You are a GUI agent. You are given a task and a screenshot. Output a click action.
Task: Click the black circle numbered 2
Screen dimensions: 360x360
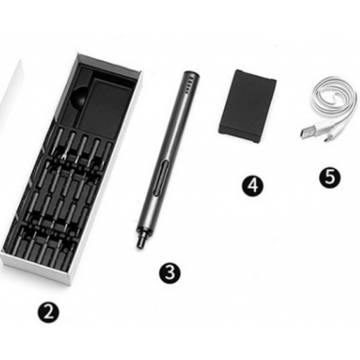click(49, 312)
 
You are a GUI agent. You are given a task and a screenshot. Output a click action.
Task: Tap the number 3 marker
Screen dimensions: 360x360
click(170, 273)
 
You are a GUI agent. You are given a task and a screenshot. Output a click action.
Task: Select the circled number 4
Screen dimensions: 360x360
click(252, 185)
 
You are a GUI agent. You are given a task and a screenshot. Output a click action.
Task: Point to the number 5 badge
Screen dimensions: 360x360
click(330, 177)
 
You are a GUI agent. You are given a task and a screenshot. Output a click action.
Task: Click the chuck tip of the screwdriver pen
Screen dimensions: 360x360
click(139, 242)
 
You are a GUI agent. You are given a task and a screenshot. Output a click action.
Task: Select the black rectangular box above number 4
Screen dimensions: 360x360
click(248, 106)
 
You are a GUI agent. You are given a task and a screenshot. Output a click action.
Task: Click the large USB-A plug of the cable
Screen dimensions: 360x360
click(308, 131)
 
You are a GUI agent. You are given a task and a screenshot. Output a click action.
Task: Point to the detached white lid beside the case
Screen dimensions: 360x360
click(11, 88)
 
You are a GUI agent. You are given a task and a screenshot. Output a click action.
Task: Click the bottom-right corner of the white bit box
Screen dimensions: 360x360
click(71, 285)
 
